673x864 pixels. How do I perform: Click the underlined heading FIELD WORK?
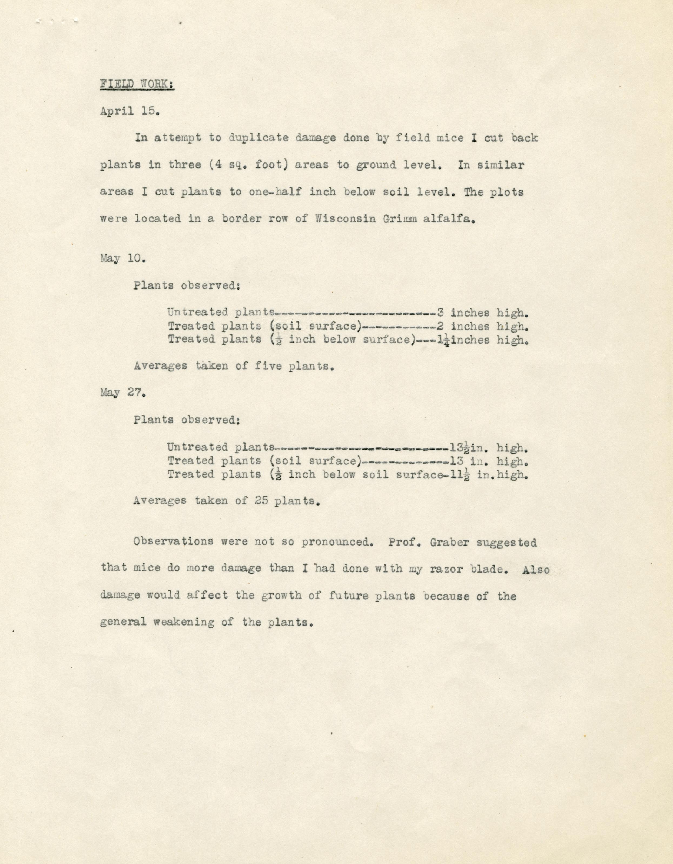(x=137, y=84)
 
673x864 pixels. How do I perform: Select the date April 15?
(x=129, y=111)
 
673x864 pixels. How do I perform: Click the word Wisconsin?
(x=345, y=219)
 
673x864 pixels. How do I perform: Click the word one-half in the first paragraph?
(x=275, y=192)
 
